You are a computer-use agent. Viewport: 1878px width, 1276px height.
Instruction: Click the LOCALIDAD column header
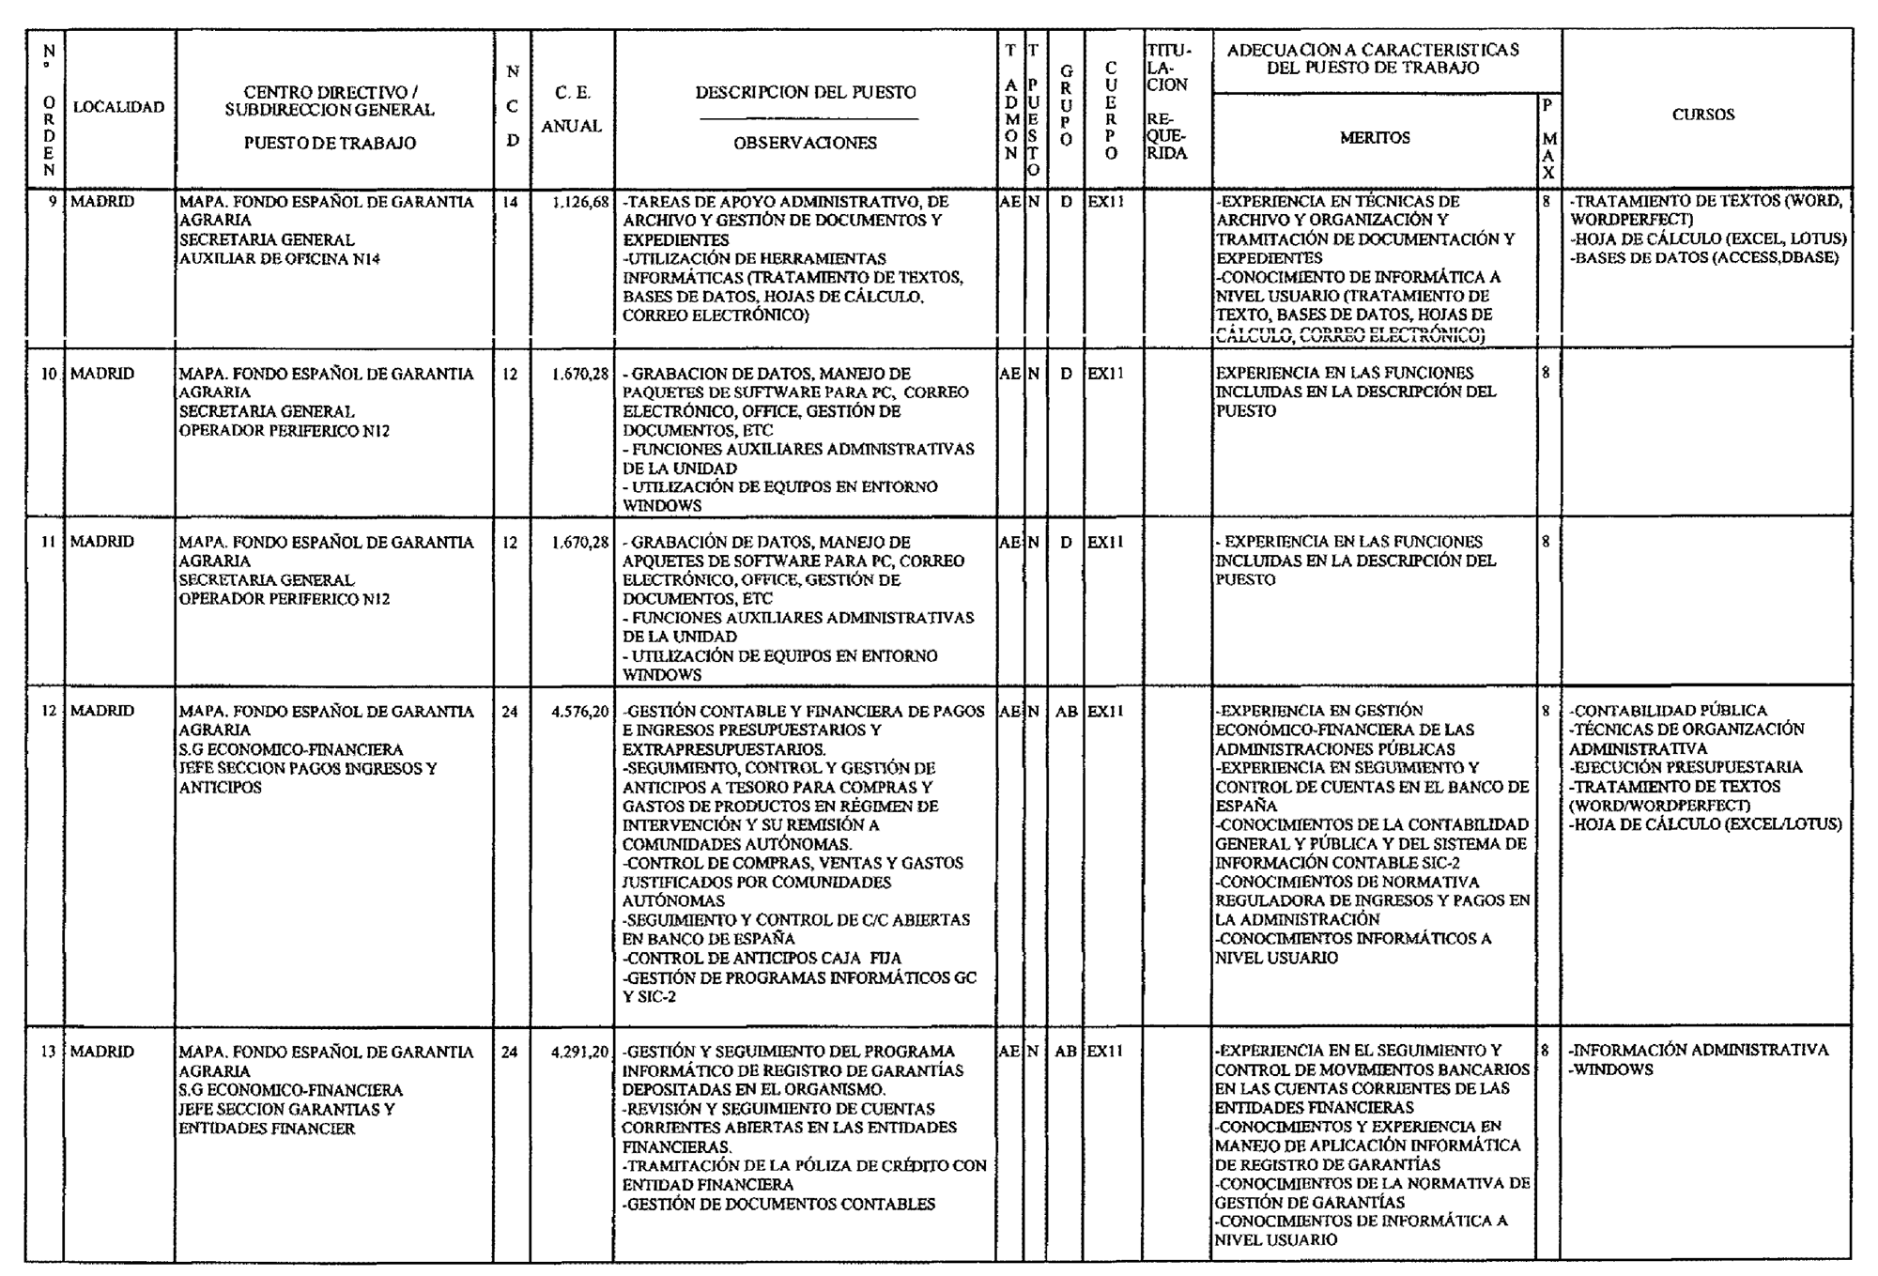118,107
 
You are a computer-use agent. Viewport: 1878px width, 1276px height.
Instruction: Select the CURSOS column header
1702,115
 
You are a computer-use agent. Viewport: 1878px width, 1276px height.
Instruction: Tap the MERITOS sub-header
1374,138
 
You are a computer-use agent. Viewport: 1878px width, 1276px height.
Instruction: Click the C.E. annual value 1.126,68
579,202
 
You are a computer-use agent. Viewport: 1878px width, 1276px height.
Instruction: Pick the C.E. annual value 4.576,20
579,712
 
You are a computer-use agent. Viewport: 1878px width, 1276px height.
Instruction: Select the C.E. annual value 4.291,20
579,1053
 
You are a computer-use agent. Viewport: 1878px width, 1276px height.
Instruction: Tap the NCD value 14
510,202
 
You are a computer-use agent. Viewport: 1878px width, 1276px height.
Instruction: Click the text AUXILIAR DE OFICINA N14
280,259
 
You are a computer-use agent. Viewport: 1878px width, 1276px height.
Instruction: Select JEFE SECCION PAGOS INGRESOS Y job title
308,769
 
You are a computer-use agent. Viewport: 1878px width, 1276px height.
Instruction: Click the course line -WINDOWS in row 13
1610,1070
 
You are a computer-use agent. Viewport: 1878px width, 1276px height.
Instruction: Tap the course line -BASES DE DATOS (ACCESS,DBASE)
1703,258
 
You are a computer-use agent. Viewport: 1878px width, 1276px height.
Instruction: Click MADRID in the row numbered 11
102,542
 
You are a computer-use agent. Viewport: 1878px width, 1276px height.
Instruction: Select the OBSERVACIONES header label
805,144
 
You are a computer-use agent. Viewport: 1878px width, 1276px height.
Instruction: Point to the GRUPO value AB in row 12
1066,712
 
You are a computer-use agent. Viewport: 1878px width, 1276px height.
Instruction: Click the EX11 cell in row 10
1105,374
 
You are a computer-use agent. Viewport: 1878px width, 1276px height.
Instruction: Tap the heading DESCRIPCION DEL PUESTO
805,93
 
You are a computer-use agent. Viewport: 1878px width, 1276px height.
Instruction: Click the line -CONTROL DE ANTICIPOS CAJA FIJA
762,959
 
